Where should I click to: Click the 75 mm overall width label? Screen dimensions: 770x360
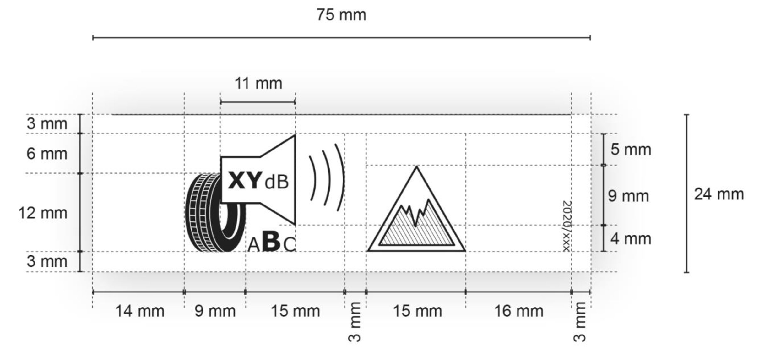pyautogui.click(x=341, y=15)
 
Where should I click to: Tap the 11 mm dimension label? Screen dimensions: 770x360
pyautogui.click(x=258, y=84)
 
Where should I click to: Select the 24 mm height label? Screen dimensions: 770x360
pyautogui.click(x=719, y=194)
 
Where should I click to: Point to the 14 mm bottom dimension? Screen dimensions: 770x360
pyautogui.click(x=140, y=311)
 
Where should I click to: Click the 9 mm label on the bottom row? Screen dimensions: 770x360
pyautogui.click(x=215, y=311)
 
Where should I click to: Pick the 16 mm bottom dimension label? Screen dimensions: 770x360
pyautogui.click(x=519, y=311)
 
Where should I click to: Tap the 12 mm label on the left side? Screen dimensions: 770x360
pyautogui.click(x=43, y=213)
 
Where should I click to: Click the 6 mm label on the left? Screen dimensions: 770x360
pyautogui.click(x=47, y=154)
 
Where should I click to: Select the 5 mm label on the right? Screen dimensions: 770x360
pyautogui.click(x=631, y=150)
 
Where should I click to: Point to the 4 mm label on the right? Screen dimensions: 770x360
pyautogui.click(x=631, y=239)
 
